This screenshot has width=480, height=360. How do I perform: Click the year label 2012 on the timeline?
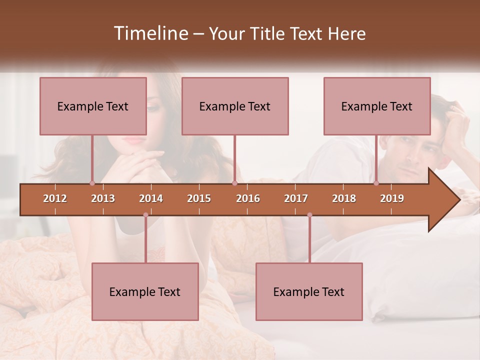coord(55,198)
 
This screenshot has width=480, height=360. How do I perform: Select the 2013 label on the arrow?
coord(103,198)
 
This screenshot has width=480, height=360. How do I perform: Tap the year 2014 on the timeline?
coord(151,198)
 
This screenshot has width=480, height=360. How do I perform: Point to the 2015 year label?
coord(199,198)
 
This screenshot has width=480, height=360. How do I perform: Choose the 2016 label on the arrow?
coord(248,198)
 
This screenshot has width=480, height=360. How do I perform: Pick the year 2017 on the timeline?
coord(296,198)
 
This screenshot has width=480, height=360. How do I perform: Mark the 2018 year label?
coord(344,198)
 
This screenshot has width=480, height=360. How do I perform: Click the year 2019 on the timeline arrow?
coord(392,198)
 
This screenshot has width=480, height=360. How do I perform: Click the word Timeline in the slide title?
coord(150,33)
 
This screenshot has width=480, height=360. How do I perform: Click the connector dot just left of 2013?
coord(92,183)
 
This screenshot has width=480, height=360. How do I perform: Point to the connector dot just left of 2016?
coord(234,183)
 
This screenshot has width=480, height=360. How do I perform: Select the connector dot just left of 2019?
coord(376,183)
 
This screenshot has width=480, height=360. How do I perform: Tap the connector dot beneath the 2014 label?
coord(145,215)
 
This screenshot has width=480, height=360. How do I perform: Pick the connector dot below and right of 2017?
coord(309,215)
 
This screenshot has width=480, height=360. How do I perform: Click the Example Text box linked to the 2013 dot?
coord(93,106)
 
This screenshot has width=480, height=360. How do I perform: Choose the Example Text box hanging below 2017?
coord(309,291)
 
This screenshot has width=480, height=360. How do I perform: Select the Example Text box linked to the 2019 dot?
coord(377,106)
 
